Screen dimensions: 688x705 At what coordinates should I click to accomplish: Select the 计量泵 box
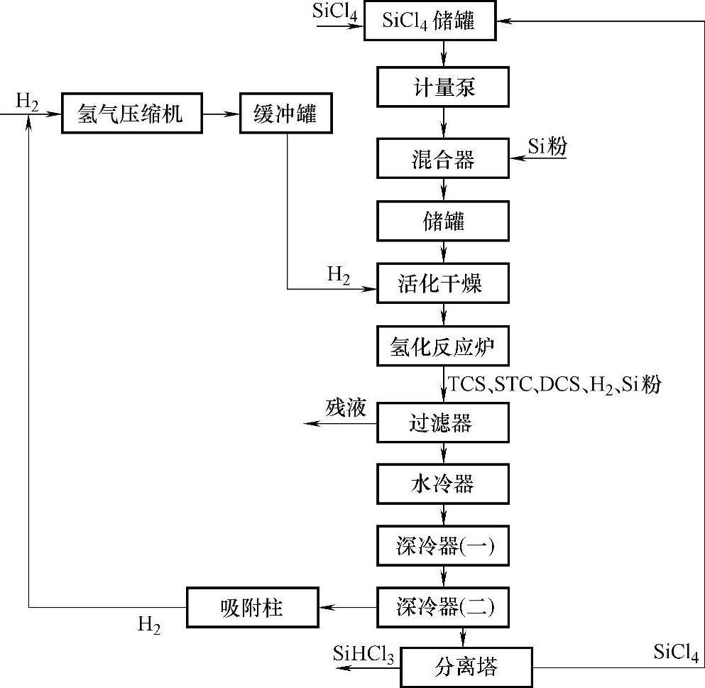pyautogui.click(x=443, y=88)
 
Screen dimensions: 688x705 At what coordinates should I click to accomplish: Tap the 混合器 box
pyautogui.click(x=443, y=159)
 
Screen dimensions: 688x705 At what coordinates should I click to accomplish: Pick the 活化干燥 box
pyautogui.click(x=443, y=284)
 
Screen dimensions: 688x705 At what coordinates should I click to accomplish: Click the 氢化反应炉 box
pyautogui.click(x=443, y=347)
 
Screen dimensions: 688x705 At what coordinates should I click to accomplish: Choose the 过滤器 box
pyautogui.click(x=443, y=424)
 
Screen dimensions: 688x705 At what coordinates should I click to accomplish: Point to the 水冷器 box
pyautogui.click(x=443, y=485)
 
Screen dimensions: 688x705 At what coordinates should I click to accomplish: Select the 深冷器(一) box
pyautogui.click(x=443, y=546)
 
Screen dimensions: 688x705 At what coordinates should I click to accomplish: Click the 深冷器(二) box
pyautogui.click(x=443, y=606)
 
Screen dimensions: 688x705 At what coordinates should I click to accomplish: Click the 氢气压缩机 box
pyautogui.click(x=129, y=114)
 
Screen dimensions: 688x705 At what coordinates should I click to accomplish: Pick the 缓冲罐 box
pyautogui.click(x=285, y=114)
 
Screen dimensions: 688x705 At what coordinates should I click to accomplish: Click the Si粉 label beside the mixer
pyautogui.click(x=547, y=146)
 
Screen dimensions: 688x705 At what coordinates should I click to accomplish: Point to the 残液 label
pyautogui.click(x=346, y=408)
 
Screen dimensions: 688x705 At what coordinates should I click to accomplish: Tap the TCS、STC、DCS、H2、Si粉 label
pyautogui.click(x=555, y=386)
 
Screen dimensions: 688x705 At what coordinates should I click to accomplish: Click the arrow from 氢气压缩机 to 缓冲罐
pyautogui.click(x=219, y=114)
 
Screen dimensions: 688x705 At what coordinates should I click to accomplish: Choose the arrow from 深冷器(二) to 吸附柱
pyautogui.click(x=348, y=607)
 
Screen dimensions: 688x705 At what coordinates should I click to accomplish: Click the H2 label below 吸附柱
pyautogui.click(x=148, y=626)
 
